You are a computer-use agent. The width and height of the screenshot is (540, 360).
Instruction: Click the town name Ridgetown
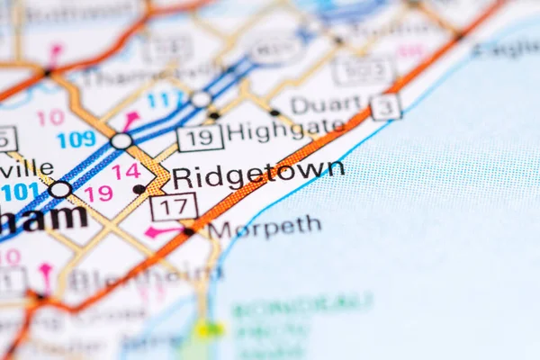point(257,174)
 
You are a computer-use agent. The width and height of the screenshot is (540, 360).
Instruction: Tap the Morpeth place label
point(264,228)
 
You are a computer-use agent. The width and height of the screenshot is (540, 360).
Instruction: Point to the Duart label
point(325,105)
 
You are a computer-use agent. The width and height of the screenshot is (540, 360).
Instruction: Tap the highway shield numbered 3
point(386,106)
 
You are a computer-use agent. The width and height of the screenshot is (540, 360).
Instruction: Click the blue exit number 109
point(76,139)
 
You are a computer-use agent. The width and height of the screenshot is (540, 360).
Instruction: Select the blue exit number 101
point(20,192)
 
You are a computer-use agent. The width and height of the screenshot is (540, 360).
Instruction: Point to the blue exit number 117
point(164,100)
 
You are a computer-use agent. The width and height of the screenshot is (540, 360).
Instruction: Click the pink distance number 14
point(126,171)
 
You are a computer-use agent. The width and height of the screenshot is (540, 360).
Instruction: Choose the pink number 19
point(98,193)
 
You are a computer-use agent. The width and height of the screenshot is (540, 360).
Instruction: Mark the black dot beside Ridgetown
point(139,189)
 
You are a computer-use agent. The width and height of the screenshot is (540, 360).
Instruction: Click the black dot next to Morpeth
point(189,231)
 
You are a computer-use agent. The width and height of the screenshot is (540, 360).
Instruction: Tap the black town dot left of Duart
point(274,112)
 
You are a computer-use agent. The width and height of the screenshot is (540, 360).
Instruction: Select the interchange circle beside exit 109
point(121,141)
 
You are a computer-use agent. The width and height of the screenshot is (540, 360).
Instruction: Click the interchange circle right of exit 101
point(60,189)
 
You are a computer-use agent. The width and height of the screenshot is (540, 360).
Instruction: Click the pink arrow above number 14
point(131,119)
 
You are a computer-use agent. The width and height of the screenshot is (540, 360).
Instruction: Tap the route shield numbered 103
point(364,71)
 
